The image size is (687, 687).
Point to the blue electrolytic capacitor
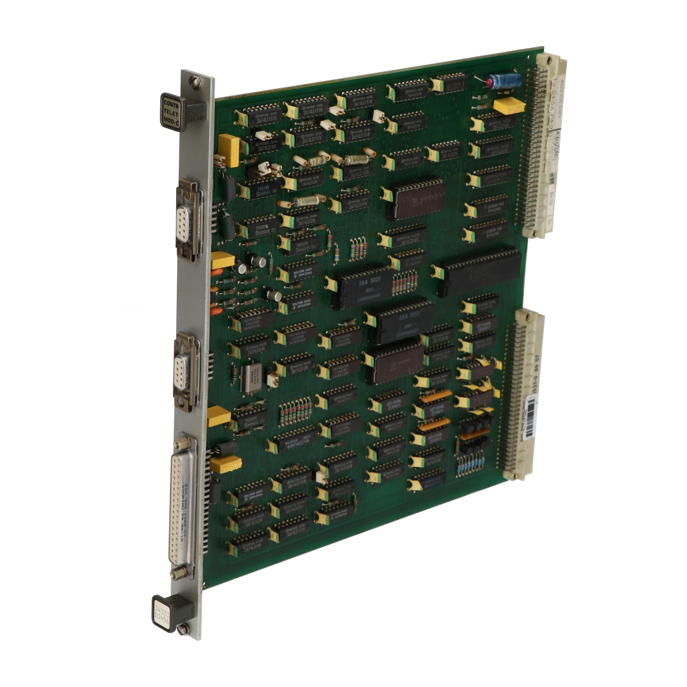[x=505, y=81]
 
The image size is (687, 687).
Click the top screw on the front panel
[x=196, y=82]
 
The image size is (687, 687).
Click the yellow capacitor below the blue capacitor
[x=508, y=106]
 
